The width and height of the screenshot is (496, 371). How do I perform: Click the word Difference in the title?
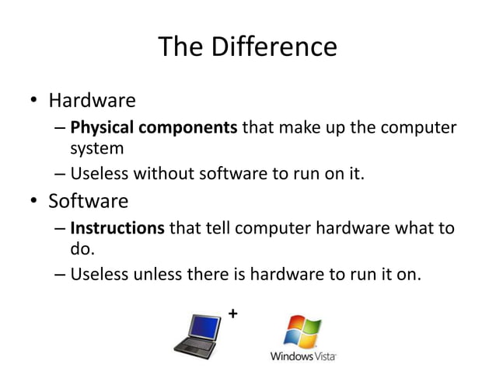tap(276, 48)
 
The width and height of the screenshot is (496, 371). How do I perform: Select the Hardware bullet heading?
tap(92, 101)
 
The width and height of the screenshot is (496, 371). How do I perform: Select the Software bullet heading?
tap(88, 203)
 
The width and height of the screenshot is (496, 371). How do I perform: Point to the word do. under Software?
tap(82, 249)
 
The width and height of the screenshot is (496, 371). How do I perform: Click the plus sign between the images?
tap(232, 313)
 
